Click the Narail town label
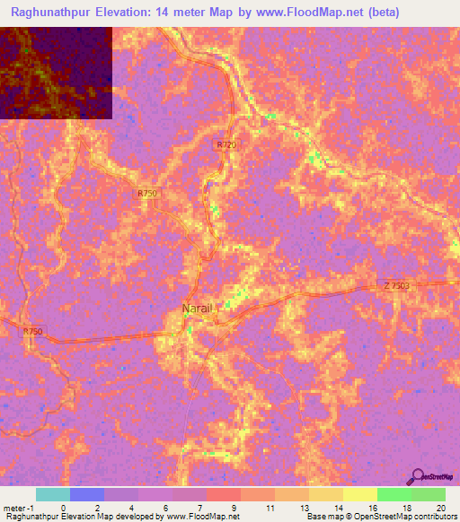(x=198, y=308)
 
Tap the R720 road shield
(x=226, y=144)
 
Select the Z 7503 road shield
(x=395, y=285)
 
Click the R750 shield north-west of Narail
(x=147, y=193)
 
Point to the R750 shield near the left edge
(x=32, y=331)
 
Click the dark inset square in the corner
(x=56, y=73)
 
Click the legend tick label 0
(x=64, y=507)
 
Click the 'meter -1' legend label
(x=18, y=507)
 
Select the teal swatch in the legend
(x=52, y=494)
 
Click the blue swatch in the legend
(x=86, y=494)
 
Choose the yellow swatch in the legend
(x=359, y=494)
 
